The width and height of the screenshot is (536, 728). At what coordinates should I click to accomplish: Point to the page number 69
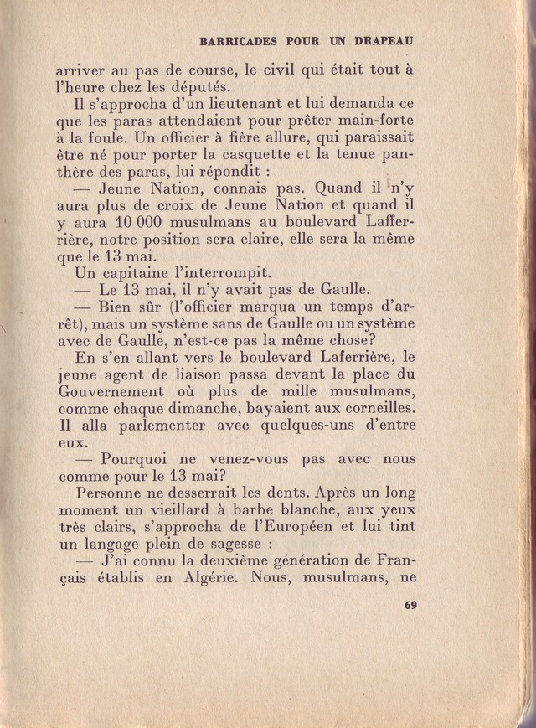coord(410,606)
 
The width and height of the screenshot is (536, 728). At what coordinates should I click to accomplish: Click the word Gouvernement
coord(111,391)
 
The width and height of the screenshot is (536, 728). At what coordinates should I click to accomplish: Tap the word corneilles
coord(370,408)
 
